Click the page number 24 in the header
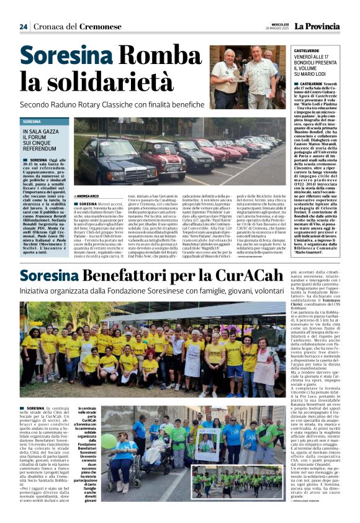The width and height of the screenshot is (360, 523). click(24, 27)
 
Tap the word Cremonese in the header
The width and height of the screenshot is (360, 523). click(100, 27)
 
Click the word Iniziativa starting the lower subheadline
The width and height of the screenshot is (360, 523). click(37, 290)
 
